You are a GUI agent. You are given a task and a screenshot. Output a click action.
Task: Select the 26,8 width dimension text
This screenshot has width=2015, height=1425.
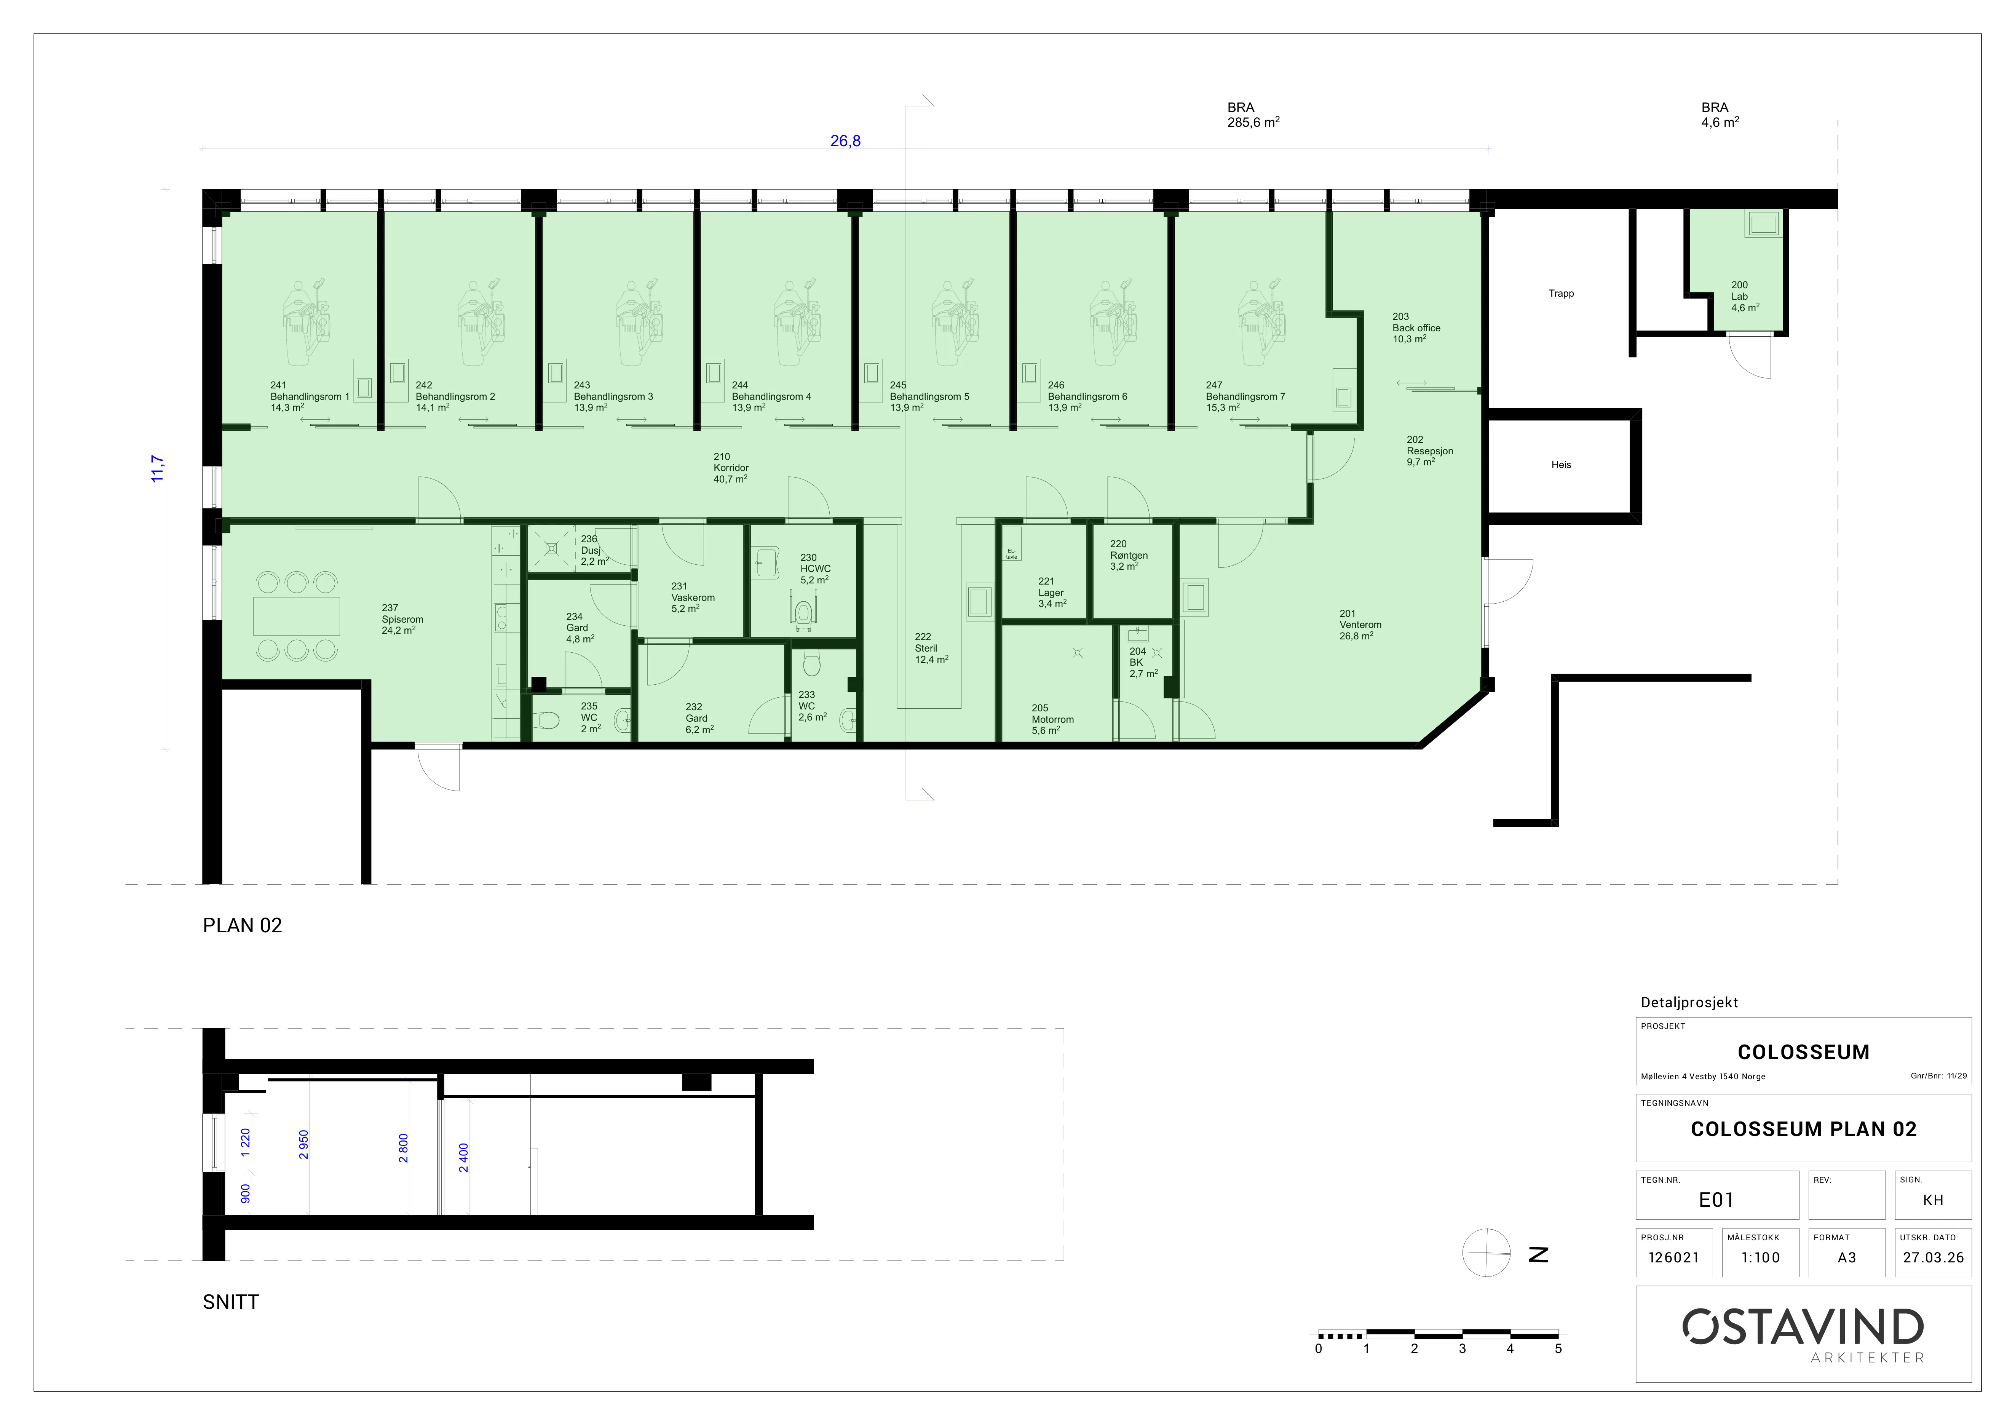pos(845,141)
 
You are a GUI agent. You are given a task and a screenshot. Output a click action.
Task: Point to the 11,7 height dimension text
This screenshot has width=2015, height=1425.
pos(157,468)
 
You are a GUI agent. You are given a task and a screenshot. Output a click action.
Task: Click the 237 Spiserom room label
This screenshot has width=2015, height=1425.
pos(402,618)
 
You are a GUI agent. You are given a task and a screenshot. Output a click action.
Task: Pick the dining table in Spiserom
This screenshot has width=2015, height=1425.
pos(297,616)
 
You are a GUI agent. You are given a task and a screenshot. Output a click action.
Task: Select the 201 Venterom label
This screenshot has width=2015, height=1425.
pos(1359,625)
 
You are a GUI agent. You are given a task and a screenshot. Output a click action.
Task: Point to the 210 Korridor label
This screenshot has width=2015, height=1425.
pos(730,468)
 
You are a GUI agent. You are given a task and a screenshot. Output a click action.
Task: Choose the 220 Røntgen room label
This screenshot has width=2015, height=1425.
pos(1129,556)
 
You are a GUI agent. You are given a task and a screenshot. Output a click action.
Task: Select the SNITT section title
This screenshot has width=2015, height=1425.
pos(231,1302)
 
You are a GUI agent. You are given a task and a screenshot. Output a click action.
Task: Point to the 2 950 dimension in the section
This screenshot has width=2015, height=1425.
pos(303,1144)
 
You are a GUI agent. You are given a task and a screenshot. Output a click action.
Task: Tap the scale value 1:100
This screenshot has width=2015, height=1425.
pos(1761,1257)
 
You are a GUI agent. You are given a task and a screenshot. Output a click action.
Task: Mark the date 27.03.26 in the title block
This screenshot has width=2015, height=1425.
pos(1934,1257)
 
